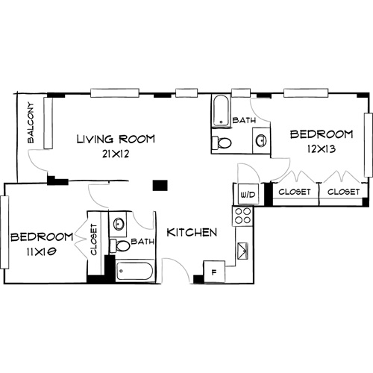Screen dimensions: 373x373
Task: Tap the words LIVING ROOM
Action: pyautogui.click(x=116, y=138)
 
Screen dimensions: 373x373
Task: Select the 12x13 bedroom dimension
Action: pyautogui.click(x=321, y=148)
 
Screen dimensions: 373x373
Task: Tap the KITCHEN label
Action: pyautogui.click(x=192, y=233)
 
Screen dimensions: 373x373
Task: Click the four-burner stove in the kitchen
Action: pyautogui.click(x=244, y=216)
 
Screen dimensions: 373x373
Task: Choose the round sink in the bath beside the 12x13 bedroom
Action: pyautogui.click(x=260, y=139)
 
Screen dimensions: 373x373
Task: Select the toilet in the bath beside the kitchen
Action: pyautogui.click(x=121, y=245)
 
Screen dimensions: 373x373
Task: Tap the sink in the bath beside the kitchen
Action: pyautogui.click(x=119, y=222)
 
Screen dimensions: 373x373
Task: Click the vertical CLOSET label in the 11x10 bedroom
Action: pyautogui.click(x=95, y=239)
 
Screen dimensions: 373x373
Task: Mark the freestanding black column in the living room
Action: pyautogui.click(x=158, y=185)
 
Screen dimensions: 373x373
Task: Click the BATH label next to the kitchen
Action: pyautogui.click(x=142, y=242)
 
